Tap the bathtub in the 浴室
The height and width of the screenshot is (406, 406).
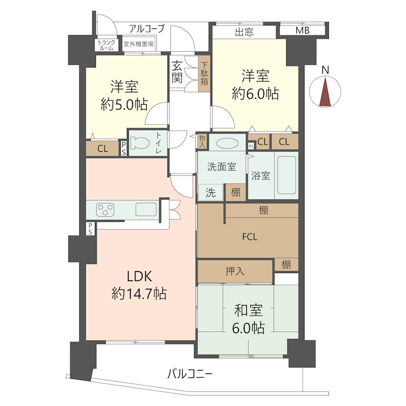287,175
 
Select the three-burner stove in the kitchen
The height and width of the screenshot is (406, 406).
105,210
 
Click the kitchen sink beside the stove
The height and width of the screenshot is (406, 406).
146,209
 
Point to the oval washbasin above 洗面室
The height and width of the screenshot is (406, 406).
227,143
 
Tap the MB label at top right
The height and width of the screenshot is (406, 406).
302,30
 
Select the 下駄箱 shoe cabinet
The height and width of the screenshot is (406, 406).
204,74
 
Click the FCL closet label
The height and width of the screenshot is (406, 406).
250,237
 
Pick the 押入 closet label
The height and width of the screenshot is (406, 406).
235,271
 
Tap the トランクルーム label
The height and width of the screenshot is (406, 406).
106,45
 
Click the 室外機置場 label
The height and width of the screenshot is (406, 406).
138,44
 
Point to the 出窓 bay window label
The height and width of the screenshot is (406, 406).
244,32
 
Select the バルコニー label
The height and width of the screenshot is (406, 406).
190,374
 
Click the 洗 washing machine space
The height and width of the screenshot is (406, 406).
211,192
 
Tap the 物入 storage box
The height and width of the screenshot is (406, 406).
202,142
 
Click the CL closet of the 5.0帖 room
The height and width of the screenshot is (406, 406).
103,149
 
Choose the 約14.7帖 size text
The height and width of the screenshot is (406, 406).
139,294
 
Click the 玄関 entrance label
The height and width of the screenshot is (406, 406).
177,72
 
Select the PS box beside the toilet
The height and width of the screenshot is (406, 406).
124,149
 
